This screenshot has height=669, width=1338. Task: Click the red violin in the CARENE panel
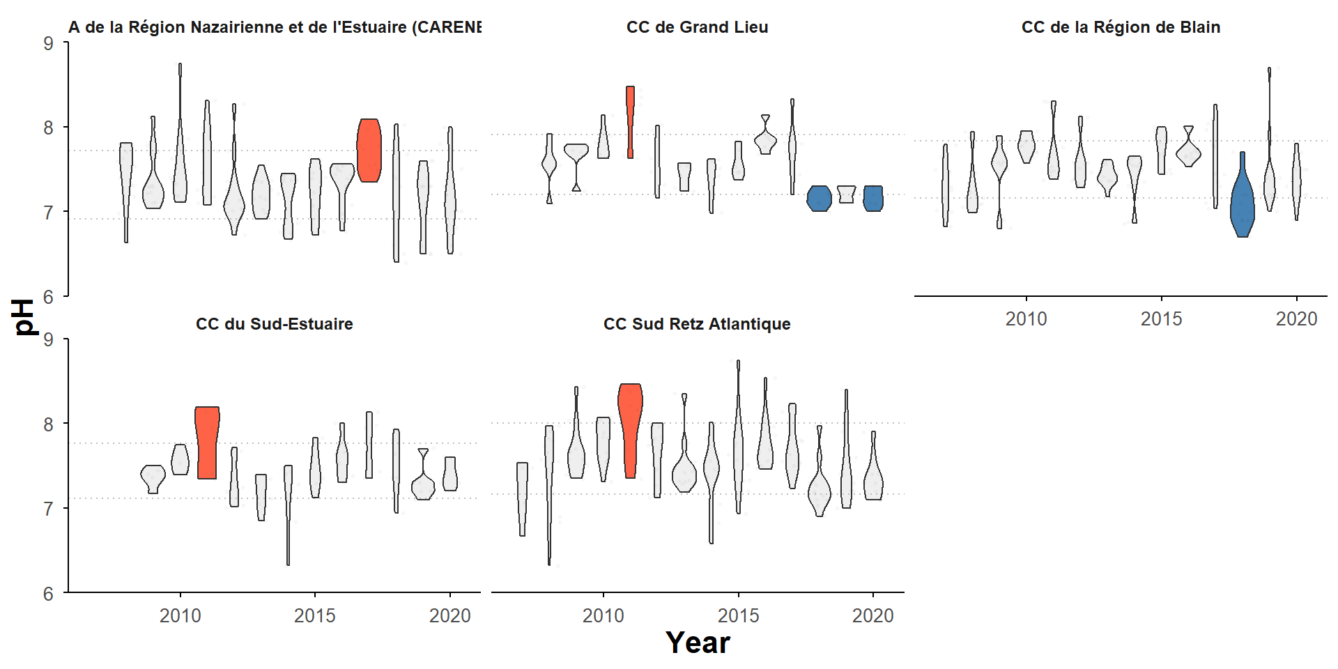(369, 150)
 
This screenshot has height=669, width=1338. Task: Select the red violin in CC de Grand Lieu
(630, 122)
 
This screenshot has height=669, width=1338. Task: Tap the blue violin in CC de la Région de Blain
(1242, 202)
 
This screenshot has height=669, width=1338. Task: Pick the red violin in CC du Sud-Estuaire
(207, 443)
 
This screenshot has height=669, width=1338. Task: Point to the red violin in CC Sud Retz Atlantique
(630, 425)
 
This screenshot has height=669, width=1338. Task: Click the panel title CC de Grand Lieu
(697, 27)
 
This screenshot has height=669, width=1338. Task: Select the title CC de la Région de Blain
(1121, 27)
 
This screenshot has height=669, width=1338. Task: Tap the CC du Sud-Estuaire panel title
(274, 324)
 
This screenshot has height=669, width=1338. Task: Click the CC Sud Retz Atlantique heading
(697, 324)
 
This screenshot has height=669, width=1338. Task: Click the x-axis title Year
(698, 643)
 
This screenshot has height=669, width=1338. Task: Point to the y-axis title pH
(24, 317)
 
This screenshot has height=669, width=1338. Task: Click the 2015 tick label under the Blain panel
(1161, 318)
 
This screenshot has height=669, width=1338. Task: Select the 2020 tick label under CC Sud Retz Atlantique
(872, 615)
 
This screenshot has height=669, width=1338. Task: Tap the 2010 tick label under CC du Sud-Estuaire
(180, 615)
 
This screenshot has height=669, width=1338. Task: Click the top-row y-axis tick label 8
(48, 128)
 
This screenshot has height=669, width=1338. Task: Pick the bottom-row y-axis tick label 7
(48, 509)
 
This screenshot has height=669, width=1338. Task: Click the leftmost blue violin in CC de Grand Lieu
(819, 198)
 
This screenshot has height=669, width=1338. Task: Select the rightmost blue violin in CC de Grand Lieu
(873, 198)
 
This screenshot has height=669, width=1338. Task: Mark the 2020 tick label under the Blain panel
(1296, 318)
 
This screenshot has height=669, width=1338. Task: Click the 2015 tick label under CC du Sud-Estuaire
(315, 615)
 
